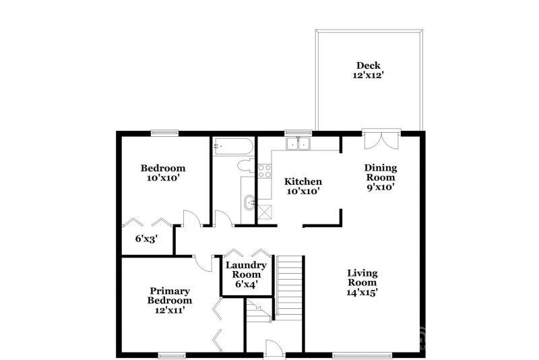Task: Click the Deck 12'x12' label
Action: click(x=369, y=71)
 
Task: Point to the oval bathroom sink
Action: click(x=248, y=200)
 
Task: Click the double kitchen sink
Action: click(x=297, y=144)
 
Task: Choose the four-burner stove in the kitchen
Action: click(x=265, y=171)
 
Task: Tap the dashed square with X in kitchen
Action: click(x=265, y=212)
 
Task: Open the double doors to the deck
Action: click(x=379, y=139)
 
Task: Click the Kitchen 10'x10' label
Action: click(x=303, y=186)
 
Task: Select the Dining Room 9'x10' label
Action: click(x=381, y=177)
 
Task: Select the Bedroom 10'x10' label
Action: click(x=162, y=173)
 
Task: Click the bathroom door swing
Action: click(x=222, y=218)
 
